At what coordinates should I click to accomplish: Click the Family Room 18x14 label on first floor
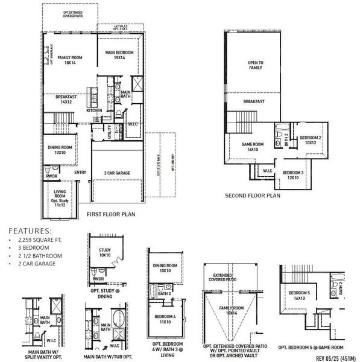click(x=70, y=60)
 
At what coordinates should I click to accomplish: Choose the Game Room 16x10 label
click(x=253, y=147)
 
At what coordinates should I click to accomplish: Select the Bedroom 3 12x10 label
click(x=294, y=174)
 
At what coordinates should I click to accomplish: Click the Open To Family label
click(x=255, y=65)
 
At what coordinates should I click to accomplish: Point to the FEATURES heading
click(x=31, y=230)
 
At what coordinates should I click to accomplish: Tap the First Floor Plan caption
click(x=111, y=214)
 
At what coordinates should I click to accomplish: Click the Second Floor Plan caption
click(x=253, y=196)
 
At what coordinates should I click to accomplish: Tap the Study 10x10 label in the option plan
click(x=105, y=252)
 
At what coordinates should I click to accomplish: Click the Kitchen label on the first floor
click(x=94, y=110)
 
